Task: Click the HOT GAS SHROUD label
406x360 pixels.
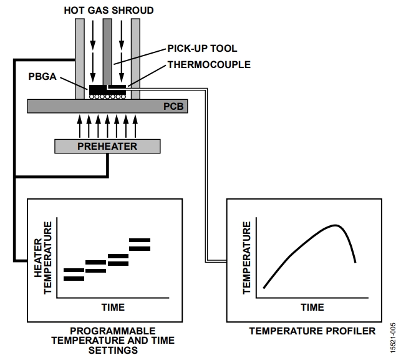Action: pyautogui.click(x=109, y=11)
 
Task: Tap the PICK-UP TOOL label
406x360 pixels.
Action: pyautogui.click(x=202, y=49)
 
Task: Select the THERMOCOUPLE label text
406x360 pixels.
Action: pyautogui.click(x=209, y=64)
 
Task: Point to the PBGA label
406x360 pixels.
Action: pyautogui.click(x=42, y=76)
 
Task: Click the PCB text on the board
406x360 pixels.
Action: pyautogui.click(x=173, y=106)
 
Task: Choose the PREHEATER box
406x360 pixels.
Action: pyautogui.click(x=107, y=147)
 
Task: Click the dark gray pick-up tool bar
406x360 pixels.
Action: pyautogui.click(x=107, y=52)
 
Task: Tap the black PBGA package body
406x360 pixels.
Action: pyautogui.click(x=107, y=90)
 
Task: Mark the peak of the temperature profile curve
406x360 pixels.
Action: pyautogui.click(x=336, y=225)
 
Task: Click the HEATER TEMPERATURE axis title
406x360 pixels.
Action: pyautogui.click(x=43, y=258)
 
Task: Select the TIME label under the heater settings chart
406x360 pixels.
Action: pyautogui.click(x=113, y=307)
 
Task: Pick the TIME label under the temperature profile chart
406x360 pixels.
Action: pyautogui.click(x=312, y=307)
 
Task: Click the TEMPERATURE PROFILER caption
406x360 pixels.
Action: pyautogui.click(x=312, y=331)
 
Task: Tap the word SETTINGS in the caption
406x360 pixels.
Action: pyautogui.click(x=113, y=350)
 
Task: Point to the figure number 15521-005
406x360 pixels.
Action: pyautogui.click(x=393, y=338)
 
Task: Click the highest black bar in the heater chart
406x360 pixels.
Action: pyautogui.click(x=140, y=240)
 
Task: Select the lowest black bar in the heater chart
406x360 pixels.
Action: pyautogui.click(x=74, y=279)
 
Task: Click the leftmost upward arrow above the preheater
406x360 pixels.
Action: pyautogui.click(x=80, y=127)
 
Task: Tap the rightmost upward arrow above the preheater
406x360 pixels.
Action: pyautogui.click(x=135, y=127)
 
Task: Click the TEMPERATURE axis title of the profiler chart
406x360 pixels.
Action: pyautogui.click(x=247, y=258)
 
